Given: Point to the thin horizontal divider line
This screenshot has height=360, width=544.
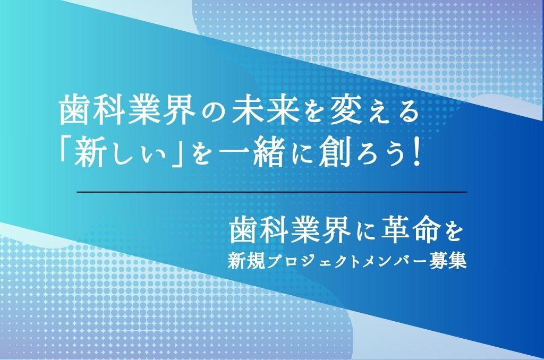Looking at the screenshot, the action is (x=272, y=192).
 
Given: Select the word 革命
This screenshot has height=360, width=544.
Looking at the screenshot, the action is (x=410, y=232).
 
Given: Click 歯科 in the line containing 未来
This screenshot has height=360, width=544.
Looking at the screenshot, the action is (x=92, y=110).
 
